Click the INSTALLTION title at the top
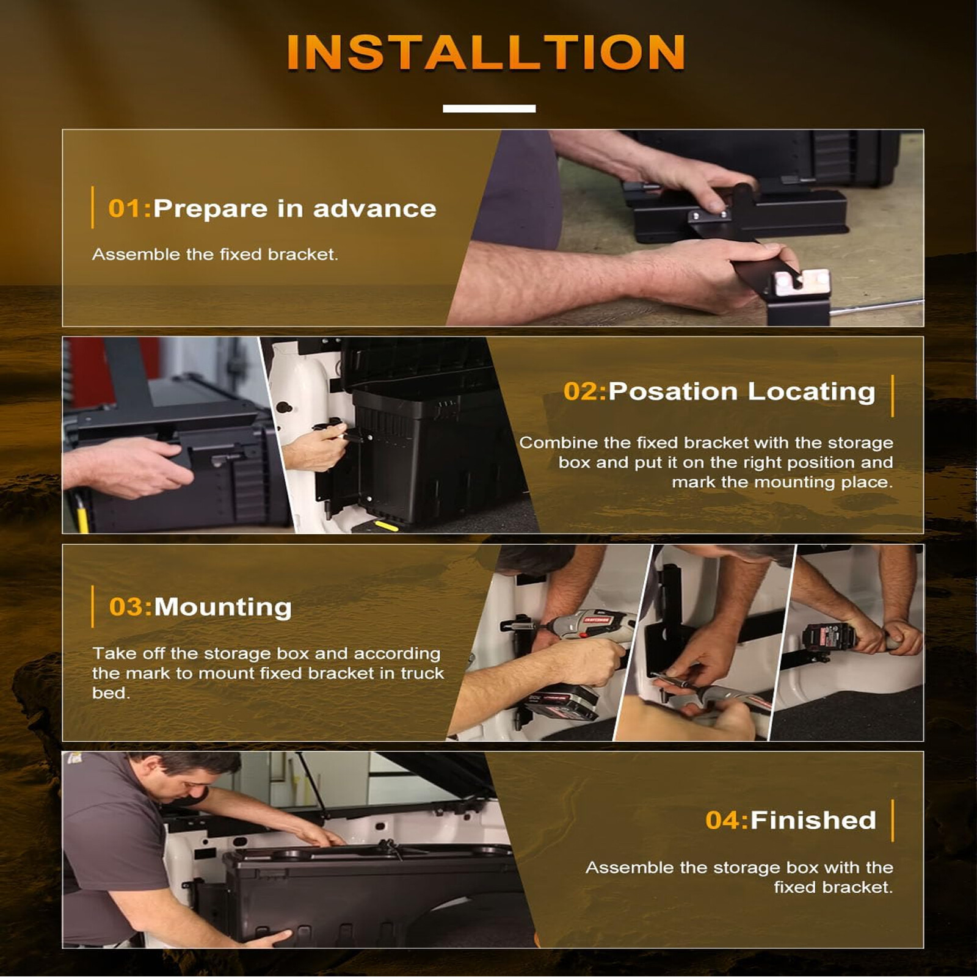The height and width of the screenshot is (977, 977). tap(486, 53)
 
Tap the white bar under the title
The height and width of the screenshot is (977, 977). tap(489, 109)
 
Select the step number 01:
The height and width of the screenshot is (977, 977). tap(129, 209)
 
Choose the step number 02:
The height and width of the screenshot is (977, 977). tap(585, 391)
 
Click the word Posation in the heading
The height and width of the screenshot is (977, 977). tap(674, 391)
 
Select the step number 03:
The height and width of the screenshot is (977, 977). tap(131, 607)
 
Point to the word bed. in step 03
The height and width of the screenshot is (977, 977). tap(111, 693)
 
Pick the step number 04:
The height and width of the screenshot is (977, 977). tap(727, 820)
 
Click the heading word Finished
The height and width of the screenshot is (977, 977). tap(813, 820)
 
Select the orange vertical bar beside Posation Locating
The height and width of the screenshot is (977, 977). tap(892, 396)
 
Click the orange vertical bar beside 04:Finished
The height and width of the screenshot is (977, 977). tap(892, 821)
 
